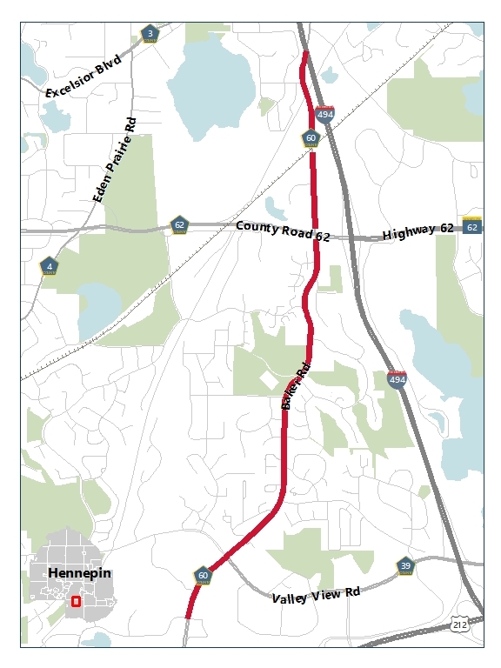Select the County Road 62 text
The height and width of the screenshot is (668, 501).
(283, 231)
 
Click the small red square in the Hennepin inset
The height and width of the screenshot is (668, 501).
(76, 601)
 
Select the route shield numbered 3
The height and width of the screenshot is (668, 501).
(150, 34)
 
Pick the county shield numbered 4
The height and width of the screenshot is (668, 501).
(50, 266)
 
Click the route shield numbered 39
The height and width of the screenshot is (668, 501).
(405, 566)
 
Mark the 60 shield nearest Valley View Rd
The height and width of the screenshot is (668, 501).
(203, 575)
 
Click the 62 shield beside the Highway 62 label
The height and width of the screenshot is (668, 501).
(472, 226)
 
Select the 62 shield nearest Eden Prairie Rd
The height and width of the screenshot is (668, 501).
(179, 224)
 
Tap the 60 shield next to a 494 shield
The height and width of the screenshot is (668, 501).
(311, 137)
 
